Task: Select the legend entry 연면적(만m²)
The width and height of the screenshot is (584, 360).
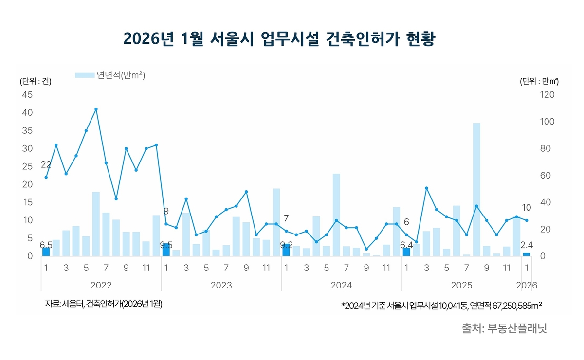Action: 110,75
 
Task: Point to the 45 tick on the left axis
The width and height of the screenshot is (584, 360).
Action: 27,94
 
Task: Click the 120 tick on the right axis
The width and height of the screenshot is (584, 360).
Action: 547,94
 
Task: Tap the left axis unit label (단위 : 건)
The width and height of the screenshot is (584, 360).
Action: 36,82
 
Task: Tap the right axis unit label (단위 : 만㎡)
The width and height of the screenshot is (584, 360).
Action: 539,82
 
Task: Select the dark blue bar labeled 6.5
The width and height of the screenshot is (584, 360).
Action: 46,252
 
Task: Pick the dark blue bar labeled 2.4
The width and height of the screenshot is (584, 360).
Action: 527,254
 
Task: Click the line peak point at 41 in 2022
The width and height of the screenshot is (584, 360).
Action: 96,109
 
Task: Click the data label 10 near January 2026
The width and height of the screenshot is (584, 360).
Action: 527,208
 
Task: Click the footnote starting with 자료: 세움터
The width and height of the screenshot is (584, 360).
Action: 104,304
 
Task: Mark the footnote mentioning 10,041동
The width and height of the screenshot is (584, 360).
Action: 442,305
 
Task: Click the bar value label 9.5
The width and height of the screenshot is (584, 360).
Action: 166,245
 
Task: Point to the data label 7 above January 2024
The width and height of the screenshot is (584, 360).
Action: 286,218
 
